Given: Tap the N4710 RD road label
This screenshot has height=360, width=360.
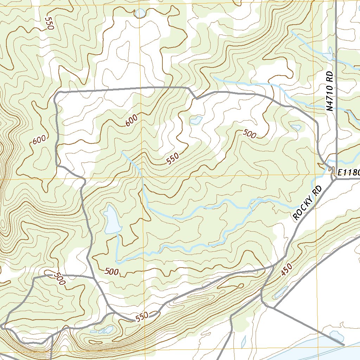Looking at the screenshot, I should pyautogui.click(x=329, y=92).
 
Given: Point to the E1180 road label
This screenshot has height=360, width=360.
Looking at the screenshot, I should pyautogui.click(x=348, y=173).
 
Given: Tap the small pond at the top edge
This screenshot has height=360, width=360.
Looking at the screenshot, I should pyautogui.click(x=140, y=13).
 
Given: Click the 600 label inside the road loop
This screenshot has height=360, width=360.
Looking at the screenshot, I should pyautogui.click(x=131, y=121).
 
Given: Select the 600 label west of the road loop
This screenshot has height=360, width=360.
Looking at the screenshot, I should pyautogui.click(x=39, y=140).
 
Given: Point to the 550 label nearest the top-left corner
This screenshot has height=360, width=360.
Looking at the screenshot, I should pyautogui.click(x=49, y=23).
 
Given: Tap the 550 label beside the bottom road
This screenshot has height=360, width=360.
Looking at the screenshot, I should pyautogui.click(x=142, y=317).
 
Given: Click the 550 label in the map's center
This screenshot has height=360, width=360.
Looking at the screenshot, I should pyautogui.click(x=173, y=159).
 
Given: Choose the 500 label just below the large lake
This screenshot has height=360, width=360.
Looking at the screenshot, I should pyautogui.click(x=112, y=271).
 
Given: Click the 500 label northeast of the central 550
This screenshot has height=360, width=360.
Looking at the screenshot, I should pyautogui.click(x=249, y=133).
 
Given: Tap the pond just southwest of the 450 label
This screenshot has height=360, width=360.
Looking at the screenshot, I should pyautogui.click(x=281, y=292).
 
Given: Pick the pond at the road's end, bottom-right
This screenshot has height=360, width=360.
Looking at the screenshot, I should pyautogui.click(x=336, y=336).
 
